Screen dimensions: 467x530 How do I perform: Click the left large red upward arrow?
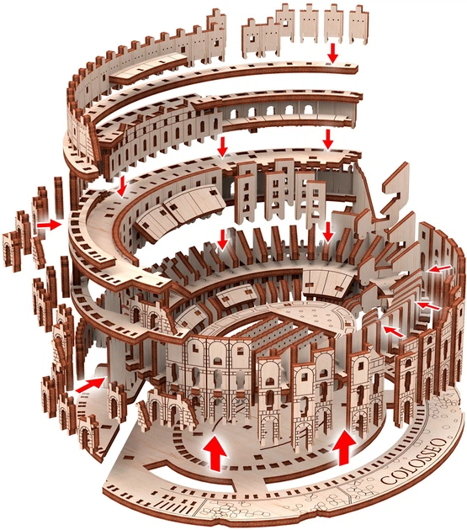[x=215, y=453]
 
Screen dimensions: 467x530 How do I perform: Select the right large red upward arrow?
[x=344, y=447]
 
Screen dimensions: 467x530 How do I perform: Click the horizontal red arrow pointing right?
[x=49, y=224]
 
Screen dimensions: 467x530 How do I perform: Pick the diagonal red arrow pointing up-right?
[x=90, y=385]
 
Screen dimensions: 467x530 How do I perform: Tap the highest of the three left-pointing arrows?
[x=439, y=268]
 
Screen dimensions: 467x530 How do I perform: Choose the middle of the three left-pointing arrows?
[x=429, y=305]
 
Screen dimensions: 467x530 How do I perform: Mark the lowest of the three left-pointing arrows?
[x=393, y=331]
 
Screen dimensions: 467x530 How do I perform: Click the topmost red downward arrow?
[x=333, y=53]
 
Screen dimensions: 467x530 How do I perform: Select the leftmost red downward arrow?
[x=122, y=186]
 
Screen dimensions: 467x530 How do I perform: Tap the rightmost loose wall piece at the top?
[x=358, y=24]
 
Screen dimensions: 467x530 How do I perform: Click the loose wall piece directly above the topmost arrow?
[x=334, y=24]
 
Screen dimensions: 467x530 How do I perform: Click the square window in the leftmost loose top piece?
[x=252, y=38]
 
